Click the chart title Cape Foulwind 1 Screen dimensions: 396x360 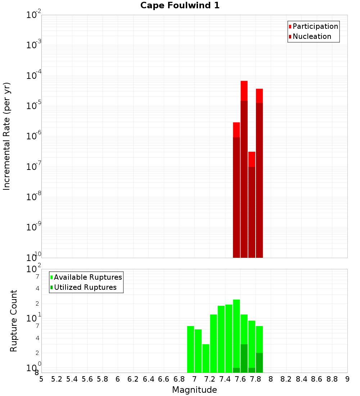coord(180,6)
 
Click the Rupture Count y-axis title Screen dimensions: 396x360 coord(14,321)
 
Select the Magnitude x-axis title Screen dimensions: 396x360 coord(194,390)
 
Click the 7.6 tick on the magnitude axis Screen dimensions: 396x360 coord(240,379)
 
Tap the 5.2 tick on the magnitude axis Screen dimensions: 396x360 coord(57,379)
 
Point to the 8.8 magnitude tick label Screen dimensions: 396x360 coord(332,379)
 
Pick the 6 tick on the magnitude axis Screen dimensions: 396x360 coord(118,379)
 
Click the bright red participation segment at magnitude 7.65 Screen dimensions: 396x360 coord(244,91)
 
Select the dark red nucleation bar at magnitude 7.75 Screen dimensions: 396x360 coord(252,212)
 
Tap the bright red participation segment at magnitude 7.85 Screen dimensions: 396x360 coord(259,96)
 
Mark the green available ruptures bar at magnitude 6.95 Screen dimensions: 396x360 coord(190,349)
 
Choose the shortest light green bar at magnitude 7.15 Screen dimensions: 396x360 coord(206,358)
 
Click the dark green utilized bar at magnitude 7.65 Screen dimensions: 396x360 coord(244,358)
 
